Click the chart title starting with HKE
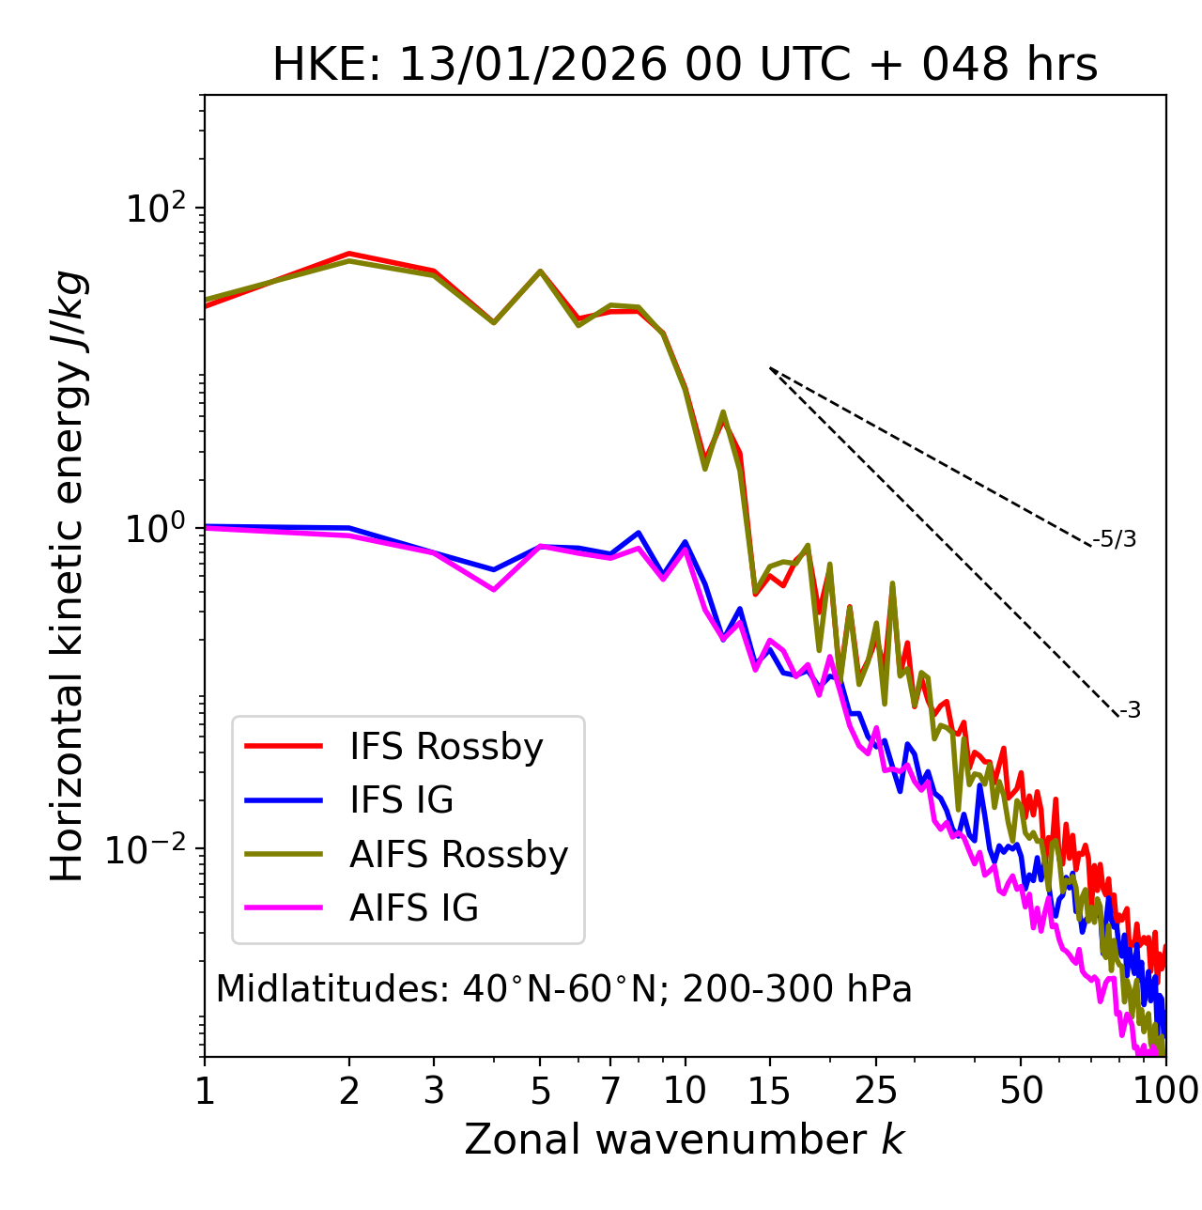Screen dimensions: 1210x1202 tap(685, 66)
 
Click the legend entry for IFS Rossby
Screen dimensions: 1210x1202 tap(446, 747)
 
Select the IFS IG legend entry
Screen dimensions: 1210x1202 tap(401, 800)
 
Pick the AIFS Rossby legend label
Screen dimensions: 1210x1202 tap(458, 855)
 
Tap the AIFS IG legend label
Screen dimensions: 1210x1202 tap(414, 908)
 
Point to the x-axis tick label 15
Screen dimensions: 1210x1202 tap(769, 1091)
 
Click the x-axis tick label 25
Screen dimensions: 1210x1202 tap(876, 1091)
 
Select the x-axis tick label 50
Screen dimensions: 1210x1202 tap(1021, 1091)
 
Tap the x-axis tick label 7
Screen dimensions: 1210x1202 tap(610, 1091)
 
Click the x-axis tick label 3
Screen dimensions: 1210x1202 tap(434, 1091)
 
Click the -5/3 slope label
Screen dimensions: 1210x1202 tap(1115, 539)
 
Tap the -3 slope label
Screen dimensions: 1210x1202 tap(1130, 711)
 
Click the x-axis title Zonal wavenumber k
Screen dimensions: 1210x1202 tap(684, 1140)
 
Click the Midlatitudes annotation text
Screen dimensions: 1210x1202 tap(563, 989)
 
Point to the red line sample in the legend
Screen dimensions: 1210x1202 tap(284, 747)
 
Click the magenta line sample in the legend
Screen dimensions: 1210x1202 tap(284, 908)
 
